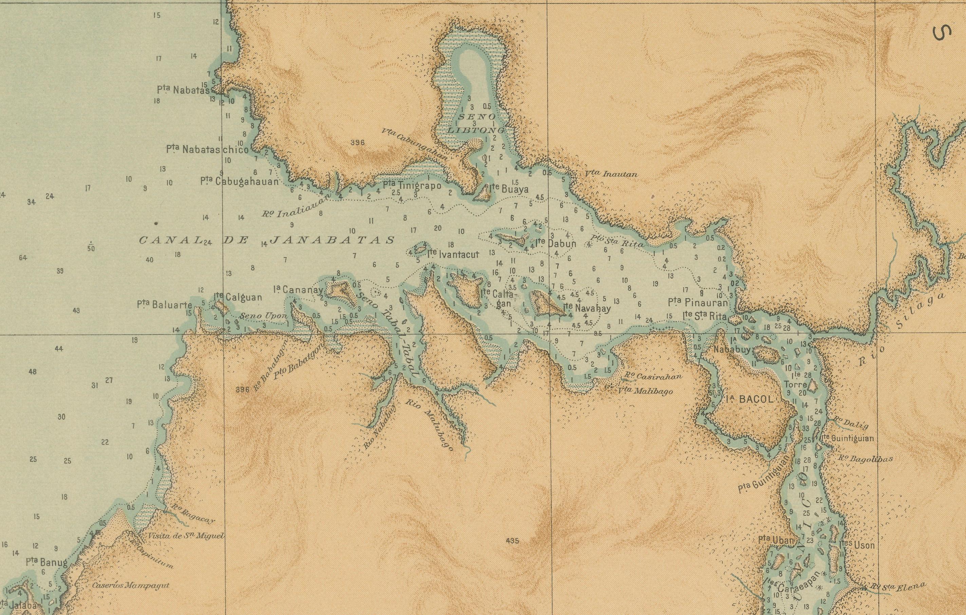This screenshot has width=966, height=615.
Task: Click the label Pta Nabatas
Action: point(183,90)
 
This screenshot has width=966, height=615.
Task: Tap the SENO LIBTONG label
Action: point(476,124)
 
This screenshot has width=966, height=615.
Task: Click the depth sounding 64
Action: point(23,258)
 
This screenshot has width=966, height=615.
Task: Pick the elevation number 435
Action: point(512,541)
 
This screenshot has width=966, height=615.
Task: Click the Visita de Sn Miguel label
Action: point(185,536)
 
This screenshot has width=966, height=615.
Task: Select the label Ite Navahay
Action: point(587,309)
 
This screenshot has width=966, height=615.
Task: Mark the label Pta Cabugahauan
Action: point(240,181)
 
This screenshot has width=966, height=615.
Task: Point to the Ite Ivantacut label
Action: point(452,254)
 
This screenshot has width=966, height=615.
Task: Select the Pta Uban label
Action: point(776,540)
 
